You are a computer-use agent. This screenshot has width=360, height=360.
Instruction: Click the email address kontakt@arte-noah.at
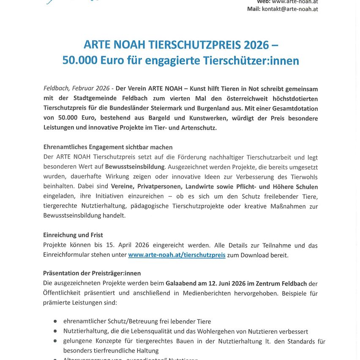coord(289,9)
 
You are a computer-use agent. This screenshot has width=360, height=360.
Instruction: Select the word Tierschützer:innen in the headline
coord(251,61)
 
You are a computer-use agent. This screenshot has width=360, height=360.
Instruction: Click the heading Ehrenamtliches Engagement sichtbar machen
coord(108,147)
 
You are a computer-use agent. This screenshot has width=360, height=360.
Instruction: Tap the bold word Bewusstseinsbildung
coord(135,167)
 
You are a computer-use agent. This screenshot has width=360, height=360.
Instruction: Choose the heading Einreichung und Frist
coord(73,235)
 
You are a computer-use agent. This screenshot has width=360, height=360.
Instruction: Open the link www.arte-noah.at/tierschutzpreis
coord(177,255)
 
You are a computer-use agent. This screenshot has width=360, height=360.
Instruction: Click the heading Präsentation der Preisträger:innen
coord(92,273)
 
